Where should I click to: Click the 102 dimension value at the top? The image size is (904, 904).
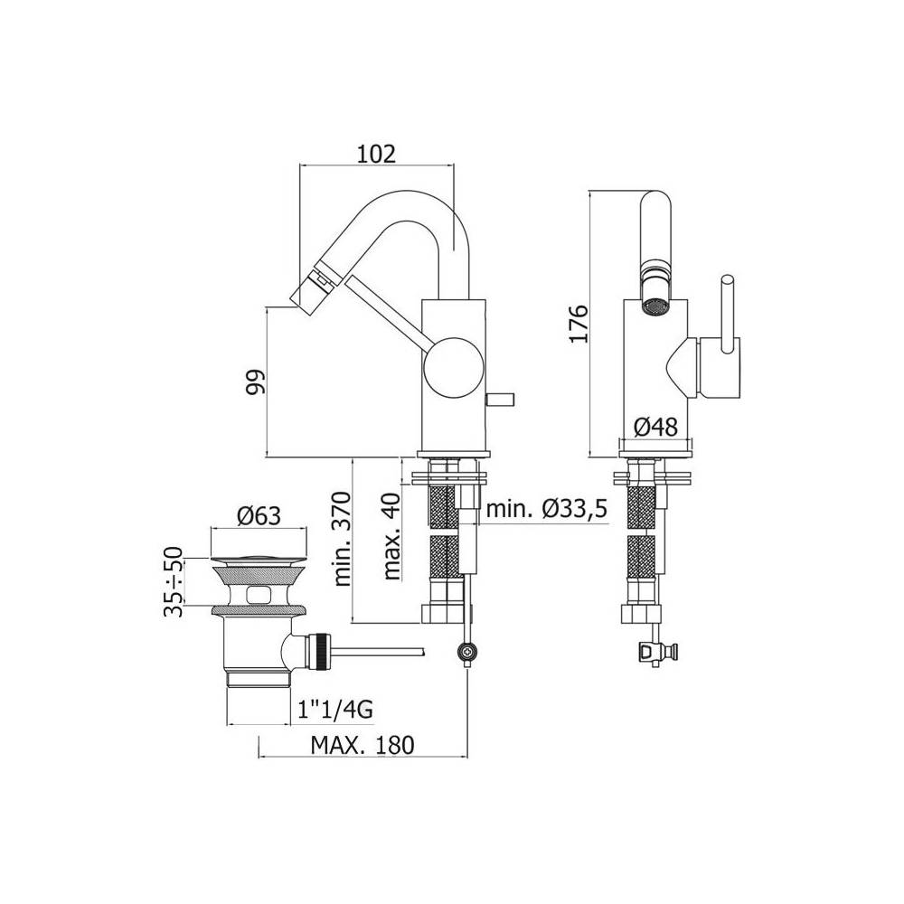pyautogui.click(x=377, y=155)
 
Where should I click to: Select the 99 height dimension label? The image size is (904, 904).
pyautogui.click(x=256, y=381)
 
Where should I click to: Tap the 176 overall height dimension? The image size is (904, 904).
pyautogui.click(x=579, y=323)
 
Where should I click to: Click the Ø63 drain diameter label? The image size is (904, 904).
pyautogui.click(x=258, y=516)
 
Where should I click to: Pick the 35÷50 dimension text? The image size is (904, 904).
pyautogui.click(x=173, y=582)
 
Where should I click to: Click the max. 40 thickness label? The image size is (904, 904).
pyautogui.click(x=391, y=540)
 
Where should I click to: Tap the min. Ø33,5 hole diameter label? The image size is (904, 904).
pyautogui.click(x=545, y=511)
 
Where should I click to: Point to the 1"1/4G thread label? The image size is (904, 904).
pyautogui.click(x=334, y=710)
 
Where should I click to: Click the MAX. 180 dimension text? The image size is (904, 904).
pyautogui.click(x=362, y=746)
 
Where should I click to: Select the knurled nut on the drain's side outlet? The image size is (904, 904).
pyautogui.click(x=316, y=650)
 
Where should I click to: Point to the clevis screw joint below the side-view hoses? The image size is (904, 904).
pyautogui.click(x=466, y=649)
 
